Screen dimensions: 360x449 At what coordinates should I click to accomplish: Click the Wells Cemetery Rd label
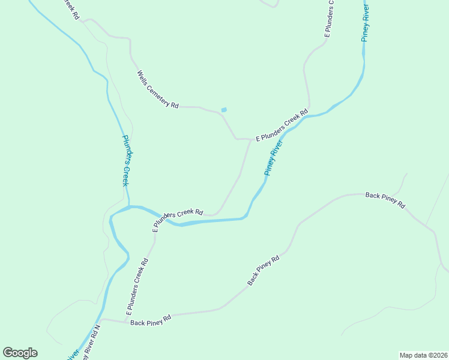[158, 89]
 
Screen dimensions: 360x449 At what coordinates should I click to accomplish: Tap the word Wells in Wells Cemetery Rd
[143, 77]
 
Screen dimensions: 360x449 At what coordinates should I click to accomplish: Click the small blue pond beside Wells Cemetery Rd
[224, 109]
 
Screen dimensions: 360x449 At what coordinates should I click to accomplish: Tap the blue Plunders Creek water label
[127, 160]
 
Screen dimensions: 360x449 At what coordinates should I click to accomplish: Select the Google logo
[20, 353]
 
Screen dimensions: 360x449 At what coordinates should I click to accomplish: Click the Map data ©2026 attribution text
[423, 355]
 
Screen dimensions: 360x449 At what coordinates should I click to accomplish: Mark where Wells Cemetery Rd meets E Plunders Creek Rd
[249, 139]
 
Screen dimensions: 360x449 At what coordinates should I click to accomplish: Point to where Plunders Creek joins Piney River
[129, 207]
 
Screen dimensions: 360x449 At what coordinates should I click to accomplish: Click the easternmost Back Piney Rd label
[385, 199]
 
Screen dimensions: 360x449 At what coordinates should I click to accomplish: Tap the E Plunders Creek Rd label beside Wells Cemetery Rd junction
[282, 126]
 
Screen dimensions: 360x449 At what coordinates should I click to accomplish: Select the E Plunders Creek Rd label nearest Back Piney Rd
[137, 287]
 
